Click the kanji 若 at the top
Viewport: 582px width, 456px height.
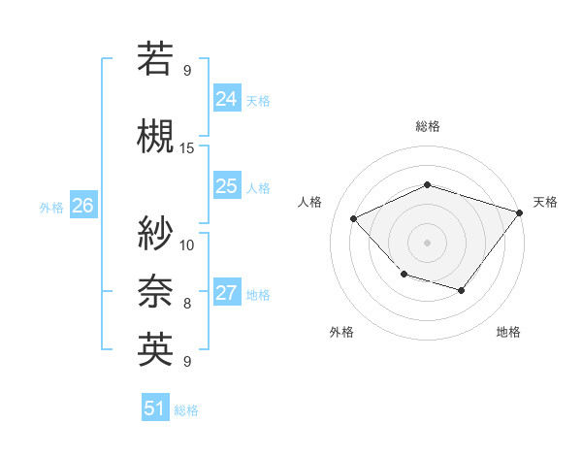point(156,59)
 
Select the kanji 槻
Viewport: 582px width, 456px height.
point(156,136)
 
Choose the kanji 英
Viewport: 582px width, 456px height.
point(156,349)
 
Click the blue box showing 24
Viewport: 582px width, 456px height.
point(227,99)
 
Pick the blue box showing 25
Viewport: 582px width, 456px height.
point(227,186)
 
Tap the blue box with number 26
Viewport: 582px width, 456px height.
point(82,206)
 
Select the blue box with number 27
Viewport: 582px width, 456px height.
point(227,294)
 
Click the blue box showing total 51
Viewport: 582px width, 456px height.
point(154,408)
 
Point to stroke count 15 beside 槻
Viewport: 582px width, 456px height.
point(187,148)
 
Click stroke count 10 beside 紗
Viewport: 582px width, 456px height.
point(187,244)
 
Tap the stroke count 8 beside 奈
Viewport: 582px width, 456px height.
point(187,304)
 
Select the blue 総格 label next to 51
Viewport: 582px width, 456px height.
point(186,410)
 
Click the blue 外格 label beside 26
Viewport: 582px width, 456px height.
point(51,207)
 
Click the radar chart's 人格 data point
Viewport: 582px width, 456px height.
point(354,218)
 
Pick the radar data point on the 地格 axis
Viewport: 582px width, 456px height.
point(462,290)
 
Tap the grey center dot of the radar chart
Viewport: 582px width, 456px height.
point(427,242)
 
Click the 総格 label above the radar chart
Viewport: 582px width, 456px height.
point(427,126)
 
